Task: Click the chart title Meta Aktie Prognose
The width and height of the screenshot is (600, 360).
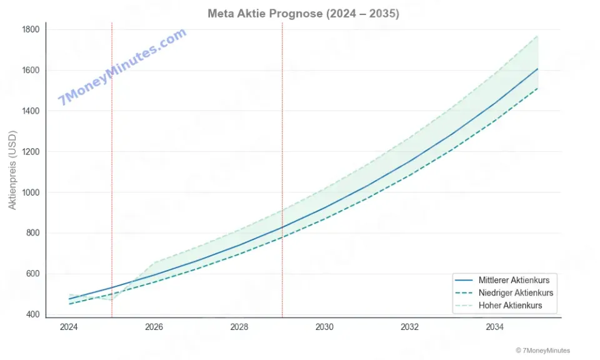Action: pos(303,13)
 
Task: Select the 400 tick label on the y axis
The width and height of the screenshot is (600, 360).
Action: pos(32,314)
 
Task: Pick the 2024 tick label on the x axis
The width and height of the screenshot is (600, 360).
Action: pos(69,327)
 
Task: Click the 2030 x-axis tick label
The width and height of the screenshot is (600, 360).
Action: pos(324,327)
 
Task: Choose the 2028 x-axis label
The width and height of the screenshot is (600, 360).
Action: pos(239,327)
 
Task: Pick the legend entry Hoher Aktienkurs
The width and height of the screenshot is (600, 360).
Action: pos(510,306)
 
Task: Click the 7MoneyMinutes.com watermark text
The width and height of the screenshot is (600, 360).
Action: pos(122,67)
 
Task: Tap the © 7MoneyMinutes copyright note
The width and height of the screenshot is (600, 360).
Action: pos(542,351)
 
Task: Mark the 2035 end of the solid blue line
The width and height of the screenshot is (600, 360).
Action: pos(537,69)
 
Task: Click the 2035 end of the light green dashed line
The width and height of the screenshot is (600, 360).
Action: pos(537,36)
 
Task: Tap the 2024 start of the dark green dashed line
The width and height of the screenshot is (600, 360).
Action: pos(69,304)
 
